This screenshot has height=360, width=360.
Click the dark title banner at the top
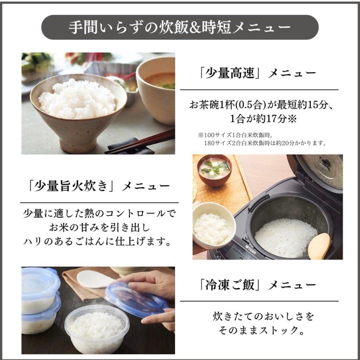coord(180,27)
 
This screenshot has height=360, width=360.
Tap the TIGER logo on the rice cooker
coord(252,247)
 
